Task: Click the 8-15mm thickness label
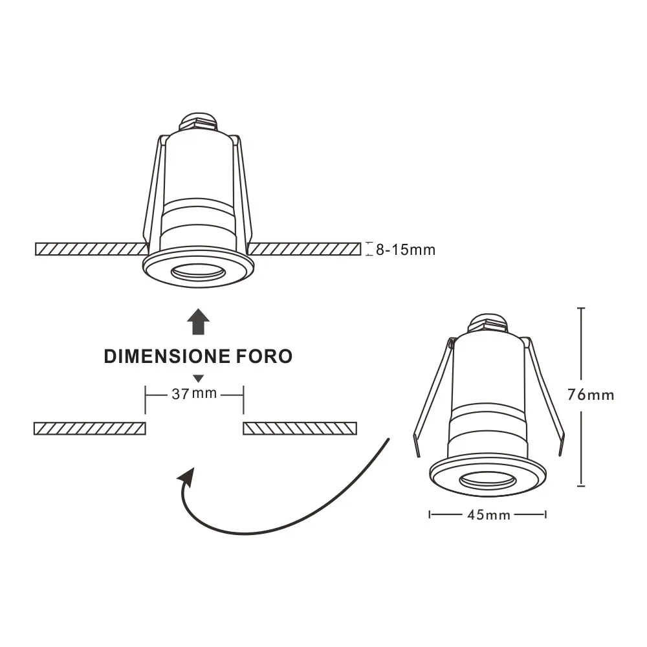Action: pyautogui.click(x=406, y=249)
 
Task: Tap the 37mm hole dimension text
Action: pyautogui.click(x=194, y=393)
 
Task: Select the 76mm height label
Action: pyautogui.click(x=590, y=394)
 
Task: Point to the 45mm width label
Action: pyautogui.click(x=488, y=515)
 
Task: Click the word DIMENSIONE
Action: pyautogui.click(x=166, y=356)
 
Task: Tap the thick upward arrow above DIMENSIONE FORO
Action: pyautogui.click(x=198, y=322)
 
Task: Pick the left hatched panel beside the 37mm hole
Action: pyautogui.click(x=89, y=428)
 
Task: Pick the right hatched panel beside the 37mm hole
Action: pyautogui.click(x=300, y=428)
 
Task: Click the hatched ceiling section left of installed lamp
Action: pyautogui.click(x=91, y=248)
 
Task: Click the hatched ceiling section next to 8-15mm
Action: pyautogui.click(x=304, y=248)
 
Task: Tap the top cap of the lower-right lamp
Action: pyautogui.click(x=488, y=322)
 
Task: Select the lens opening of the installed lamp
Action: pyautogui.click(x=197, y=273)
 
